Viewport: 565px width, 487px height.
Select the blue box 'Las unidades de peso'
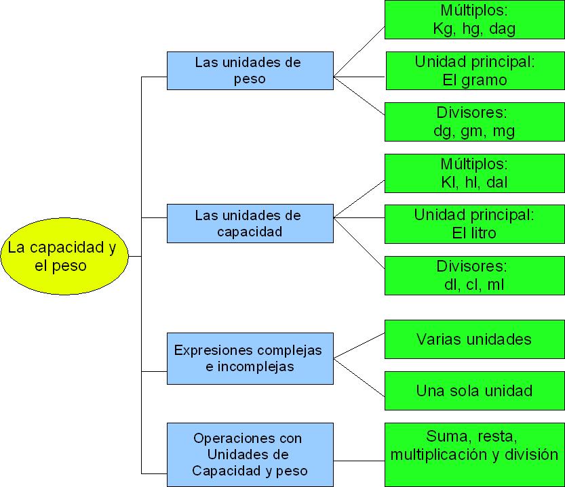click(x=250, y=70)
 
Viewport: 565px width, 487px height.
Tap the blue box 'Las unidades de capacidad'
click(x=250, y=224)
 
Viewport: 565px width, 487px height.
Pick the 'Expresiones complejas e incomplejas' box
click(x=250, y=358)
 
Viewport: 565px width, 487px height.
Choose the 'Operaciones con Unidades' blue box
click(x=250, y=454)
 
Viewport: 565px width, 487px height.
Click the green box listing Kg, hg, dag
click(x=474, y=20)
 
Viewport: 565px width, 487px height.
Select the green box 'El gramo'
click(x=474, y=70)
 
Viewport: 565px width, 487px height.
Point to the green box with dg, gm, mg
click(x=474, y=122)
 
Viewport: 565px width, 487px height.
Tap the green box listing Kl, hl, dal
click(x=474, y=173)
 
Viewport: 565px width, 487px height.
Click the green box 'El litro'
click(x=474, y=224)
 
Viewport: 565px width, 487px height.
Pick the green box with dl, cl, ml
click(x=474, y=275)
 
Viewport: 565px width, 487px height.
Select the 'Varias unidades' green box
click(x=474, y=339)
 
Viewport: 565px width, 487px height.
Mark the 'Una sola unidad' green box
click(x=474, y=391)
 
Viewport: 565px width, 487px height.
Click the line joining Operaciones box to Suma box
click(x=359, y=461)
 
